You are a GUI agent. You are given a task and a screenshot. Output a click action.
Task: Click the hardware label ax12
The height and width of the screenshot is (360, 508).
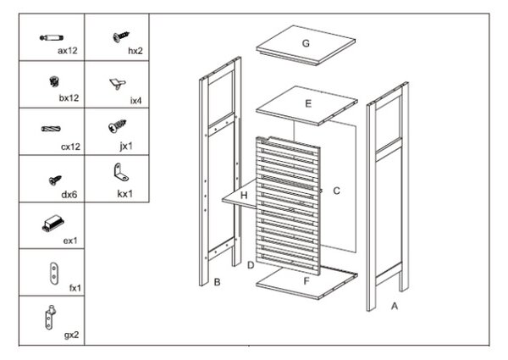point(68,51)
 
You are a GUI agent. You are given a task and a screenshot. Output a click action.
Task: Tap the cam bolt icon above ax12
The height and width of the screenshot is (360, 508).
point(51,38)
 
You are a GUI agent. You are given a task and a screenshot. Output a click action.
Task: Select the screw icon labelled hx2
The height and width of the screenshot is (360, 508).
point(121,36)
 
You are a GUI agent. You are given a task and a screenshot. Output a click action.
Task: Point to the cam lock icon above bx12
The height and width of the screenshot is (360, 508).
point(54,81)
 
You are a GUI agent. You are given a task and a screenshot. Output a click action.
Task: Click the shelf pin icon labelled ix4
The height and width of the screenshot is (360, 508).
point(118,83)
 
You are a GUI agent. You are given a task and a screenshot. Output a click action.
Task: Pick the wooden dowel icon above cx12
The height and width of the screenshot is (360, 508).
point(51,129)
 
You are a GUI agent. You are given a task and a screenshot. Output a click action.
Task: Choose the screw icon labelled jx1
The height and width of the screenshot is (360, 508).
point(117,125)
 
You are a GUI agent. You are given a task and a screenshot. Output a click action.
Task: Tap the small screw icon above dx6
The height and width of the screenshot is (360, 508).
point(55,180)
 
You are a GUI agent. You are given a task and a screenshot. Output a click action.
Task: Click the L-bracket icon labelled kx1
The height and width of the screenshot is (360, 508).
point(121,172)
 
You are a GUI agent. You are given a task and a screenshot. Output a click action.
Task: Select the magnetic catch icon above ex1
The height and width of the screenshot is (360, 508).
point(52,224)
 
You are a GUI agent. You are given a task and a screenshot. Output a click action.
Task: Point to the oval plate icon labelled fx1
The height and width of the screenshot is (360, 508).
point(54,274)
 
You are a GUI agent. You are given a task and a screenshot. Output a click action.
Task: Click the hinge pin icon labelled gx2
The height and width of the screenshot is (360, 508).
point(50,317)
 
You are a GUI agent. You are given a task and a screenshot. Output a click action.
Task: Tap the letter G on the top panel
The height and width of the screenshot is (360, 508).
point(306,43)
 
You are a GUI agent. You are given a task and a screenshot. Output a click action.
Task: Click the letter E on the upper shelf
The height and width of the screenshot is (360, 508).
point(308,103)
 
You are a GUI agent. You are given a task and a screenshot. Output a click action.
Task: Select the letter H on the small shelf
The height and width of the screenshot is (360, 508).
point(244,196)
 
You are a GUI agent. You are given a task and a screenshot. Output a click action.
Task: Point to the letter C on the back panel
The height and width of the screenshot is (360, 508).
point(336,191)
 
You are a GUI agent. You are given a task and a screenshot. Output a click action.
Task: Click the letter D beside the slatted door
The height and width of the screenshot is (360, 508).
point(251,265)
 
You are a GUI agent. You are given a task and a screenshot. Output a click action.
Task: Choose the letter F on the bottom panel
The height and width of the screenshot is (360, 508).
point(306,281)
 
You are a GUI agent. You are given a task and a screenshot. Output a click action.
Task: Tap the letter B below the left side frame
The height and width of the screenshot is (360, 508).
point(217,282)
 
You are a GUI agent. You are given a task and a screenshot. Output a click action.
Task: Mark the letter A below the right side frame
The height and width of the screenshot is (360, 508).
point(395,306)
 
